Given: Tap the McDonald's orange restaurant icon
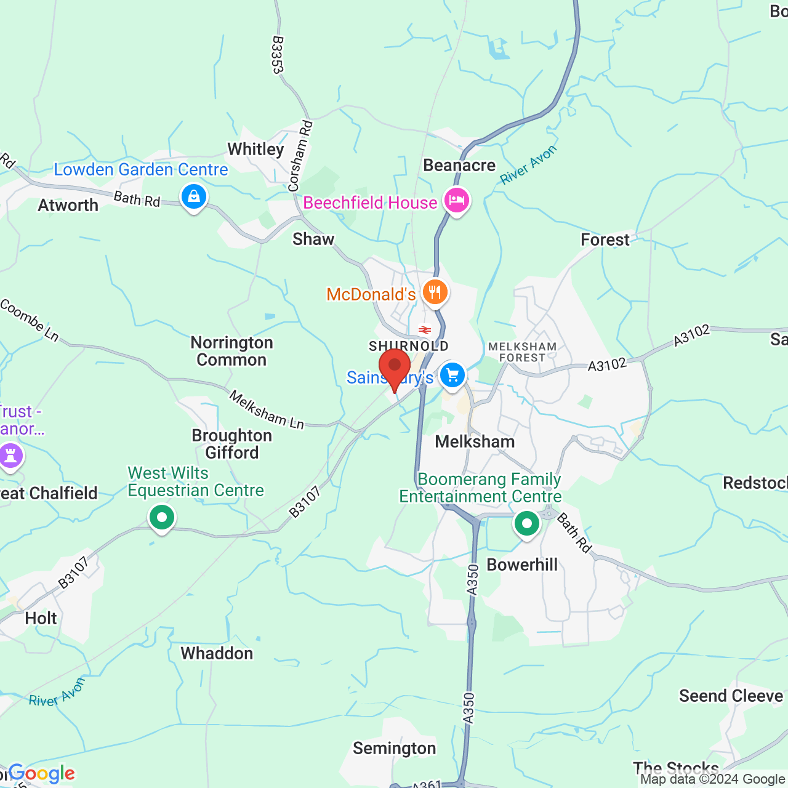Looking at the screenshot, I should [435, 292].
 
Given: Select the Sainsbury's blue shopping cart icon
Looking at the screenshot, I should [452, 374].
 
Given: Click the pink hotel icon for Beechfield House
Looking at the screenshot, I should [456, 201].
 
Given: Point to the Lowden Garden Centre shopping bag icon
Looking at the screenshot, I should [194, 197].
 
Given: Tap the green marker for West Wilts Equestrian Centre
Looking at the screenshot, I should [162, 518].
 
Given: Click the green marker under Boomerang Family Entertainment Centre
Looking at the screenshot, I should [526, 524].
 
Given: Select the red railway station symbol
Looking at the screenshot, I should [425, 330].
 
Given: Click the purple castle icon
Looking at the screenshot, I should [10, 456].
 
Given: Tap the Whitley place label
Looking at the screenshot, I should [255, 149].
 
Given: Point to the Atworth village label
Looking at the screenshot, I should [68, 205].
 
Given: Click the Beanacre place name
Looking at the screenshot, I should [459, 165].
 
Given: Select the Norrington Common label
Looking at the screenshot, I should [231, 351].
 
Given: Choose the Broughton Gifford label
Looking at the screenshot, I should [231, 444].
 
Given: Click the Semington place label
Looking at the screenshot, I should [394, 748].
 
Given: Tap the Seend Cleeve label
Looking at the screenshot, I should [731, 696].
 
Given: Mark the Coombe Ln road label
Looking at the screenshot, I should [29, 320].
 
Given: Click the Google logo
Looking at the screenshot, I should [42, 773].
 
